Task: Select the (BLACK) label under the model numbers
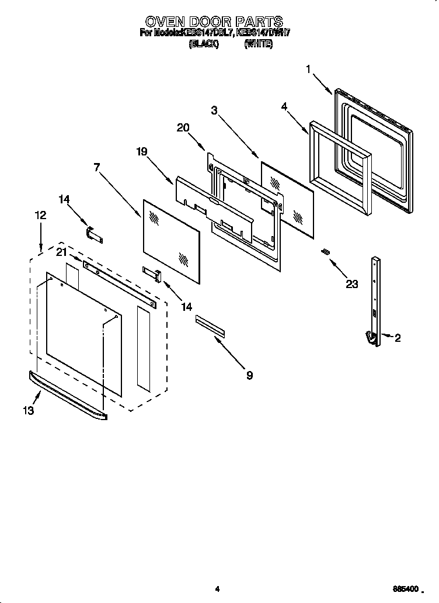(203, 44)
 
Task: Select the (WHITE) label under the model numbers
(258, 44)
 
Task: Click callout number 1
(308, 70)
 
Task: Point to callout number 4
(284, 106)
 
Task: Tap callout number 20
(183, 128)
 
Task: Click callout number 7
(96, 167)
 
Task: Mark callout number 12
(40, 215)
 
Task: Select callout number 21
(62, 252)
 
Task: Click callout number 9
(249, 375)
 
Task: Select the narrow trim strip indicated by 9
(210, 325)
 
